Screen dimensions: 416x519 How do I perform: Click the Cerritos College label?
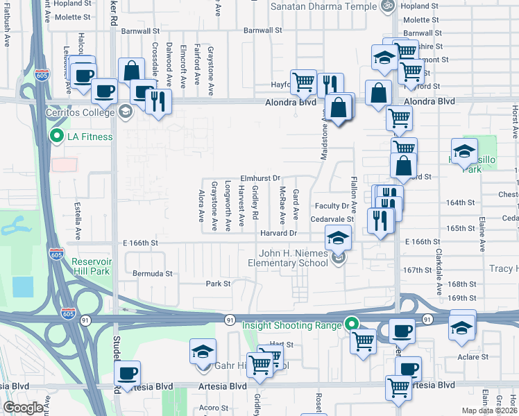point(80,112)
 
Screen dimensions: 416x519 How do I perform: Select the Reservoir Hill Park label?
point(90,266)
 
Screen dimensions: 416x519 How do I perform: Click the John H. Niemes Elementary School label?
point(288,259)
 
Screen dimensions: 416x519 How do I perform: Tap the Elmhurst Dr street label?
point(259,178)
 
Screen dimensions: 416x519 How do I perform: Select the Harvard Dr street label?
point(278,233)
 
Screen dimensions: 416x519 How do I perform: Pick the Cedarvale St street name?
point(332,219)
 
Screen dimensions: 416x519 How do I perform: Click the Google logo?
point(23,407)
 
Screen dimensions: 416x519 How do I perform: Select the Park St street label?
point(217,284)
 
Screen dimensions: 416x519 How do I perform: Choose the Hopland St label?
point(73,3)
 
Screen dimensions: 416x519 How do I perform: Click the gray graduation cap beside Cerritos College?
point(126,112)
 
